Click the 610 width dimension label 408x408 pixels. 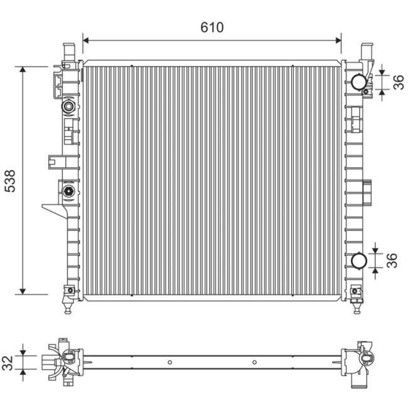tap(212, 27)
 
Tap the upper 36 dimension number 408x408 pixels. tap(397, 82)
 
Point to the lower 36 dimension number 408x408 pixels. tap(392, 260)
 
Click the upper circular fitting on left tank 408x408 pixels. tap(68, 107)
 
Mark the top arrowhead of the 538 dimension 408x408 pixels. tap(23, 70)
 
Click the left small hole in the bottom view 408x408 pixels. tap(169, 362)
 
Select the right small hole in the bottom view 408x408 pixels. tap(254, 362)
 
